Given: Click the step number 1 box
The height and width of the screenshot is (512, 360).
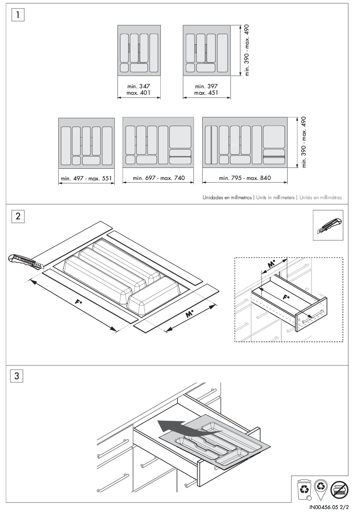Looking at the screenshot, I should point(18,15).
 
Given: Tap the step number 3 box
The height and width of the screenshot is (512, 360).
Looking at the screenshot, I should point(17,376).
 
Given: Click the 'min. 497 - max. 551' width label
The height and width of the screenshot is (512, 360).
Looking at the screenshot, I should point(87,178).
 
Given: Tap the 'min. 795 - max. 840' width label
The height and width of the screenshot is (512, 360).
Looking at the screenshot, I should point(245,178).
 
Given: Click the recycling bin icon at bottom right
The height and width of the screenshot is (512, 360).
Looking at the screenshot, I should point(304,489).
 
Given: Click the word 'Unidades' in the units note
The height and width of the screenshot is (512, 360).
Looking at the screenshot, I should point(213,198).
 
